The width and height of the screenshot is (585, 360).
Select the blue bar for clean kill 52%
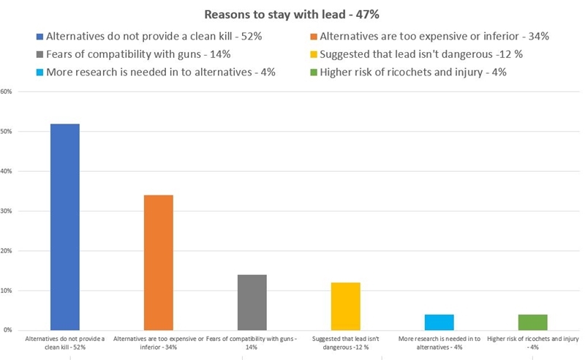[x=65, y=227]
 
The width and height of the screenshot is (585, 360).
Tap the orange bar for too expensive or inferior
[x=157, y=263]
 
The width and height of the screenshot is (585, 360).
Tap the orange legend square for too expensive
[x=313, y=36]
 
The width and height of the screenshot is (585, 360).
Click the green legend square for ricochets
[x=313, y=72]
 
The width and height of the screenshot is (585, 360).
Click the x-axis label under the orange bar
[x=157, y=342]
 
